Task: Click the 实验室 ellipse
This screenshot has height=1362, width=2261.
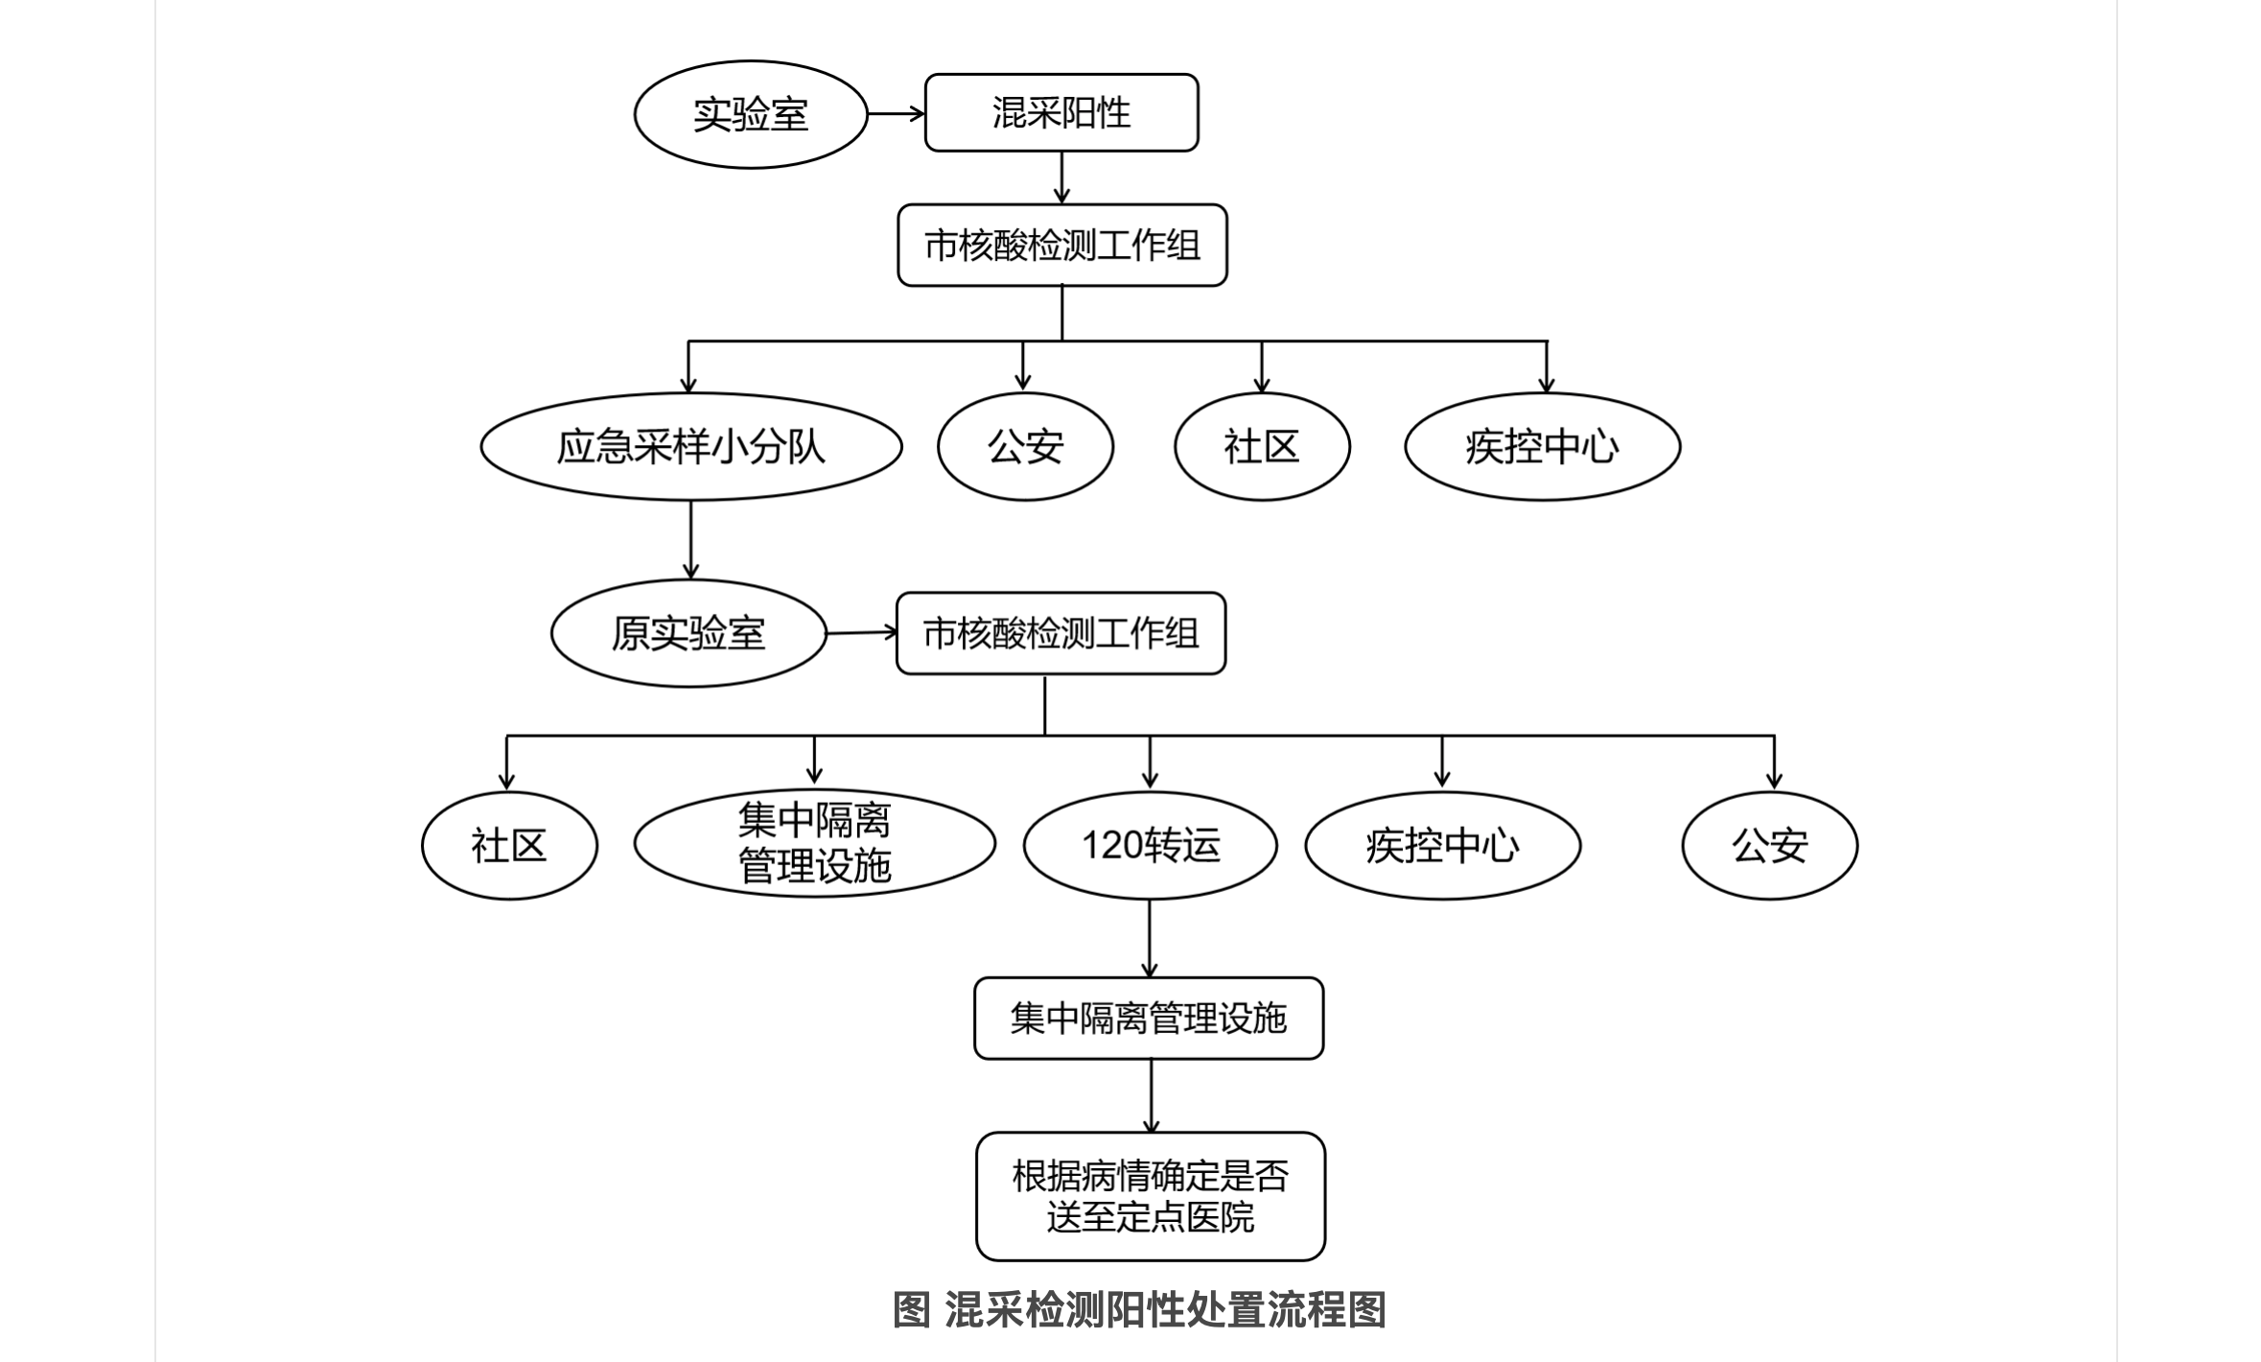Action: point(751,114)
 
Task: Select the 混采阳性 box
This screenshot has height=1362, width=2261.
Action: point(1061,113)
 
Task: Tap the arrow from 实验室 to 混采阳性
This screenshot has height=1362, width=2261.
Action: point(897,114)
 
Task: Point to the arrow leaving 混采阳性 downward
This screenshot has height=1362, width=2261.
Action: point(1061,177)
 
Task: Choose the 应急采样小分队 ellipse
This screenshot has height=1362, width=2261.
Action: point(691,447)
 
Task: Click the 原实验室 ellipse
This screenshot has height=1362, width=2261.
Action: point(688,633)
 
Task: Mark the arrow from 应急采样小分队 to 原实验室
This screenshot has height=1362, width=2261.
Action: point(690,540)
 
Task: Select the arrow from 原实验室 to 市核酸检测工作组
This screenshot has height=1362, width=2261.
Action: point(862,632)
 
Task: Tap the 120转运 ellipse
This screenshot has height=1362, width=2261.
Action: point(1151,845)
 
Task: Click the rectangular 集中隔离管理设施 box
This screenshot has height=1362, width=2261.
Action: point(1149,1019)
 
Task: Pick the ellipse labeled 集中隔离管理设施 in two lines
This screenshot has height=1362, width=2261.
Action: point(815,844)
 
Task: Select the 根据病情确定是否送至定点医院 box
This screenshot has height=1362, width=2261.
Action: point(1151,1196)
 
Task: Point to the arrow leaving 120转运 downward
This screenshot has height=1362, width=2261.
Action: point(1150,939)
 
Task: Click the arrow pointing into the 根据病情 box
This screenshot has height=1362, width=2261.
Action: point(1151,1096)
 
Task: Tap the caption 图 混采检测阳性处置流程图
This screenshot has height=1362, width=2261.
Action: point(1139,1309)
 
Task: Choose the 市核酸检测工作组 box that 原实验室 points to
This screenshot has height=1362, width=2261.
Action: point(1061,633)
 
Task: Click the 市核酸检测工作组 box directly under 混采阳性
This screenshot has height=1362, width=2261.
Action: point(1062,246)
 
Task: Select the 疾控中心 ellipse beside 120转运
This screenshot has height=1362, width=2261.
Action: point(1443,845)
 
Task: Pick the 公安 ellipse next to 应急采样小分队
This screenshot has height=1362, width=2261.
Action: point(1025,447)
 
